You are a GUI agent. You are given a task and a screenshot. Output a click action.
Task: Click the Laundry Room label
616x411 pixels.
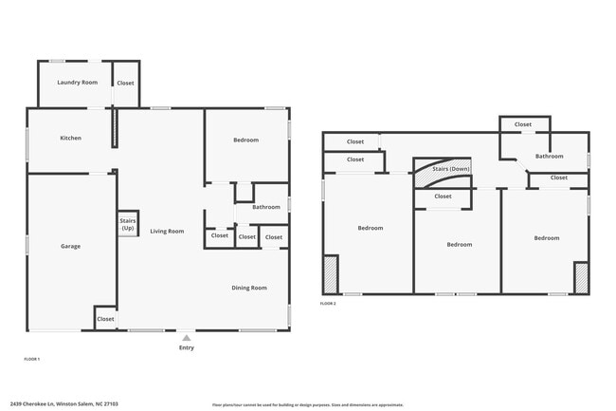(x=78, y=83)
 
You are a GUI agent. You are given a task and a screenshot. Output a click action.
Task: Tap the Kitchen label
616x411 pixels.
(x=71, y=138)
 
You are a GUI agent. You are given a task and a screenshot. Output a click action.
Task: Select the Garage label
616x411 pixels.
(x=71, y=246)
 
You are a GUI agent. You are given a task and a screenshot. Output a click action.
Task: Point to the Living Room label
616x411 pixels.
(x=167, y=231)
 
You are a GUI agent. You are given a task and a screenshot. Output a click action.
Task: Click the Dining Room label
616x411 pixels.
(x=249, y=288)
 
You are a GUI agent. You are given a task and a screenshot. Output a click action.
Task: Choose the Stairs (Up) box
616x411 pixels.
(x=127, y=224)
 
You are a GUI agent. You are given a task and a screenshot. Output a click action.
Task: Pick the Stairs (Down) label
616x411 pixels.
(x=450, y=169)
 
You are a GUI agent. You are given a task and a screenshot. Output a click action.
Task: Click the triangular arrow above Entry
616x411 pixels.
(x=187, y=336)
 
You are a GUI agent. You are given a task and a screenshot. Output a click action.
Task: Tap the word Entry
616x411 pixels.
(x=187, y=347)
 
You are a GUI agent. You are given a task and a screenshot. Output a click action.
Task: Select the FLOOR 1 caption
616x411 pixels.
(x=31, y=359)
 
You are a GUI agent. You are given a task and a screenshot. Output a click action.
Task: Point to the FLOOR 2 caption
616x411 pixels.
(x=328, y=303)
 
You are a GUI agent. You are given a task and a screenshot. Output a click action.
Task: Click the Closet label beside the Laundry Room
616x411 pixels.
(x=125, y=83)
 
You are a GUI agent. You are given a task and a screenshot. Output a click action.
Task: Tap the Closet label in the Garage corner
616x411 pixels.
(x=105, y=319)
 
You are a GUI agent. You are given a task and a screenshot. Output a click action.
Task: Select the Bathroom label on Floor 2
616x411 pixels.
(x=549, y=156)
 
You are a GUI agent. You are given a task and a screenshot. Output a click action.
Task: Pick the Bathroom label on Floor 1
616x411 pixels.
(x=265, y=207)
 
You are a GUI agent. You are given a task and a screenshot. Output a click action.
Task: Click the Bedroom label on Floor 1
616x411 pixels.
(x=245, y=140)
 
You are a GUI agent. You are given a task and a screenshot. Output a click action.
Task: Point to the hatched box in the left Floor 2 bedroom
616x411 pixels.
(x=331, y=273)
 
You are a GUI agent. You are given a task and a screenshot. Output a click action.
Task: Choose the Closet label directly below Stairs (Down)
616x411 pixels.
(x=443, y=196)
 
